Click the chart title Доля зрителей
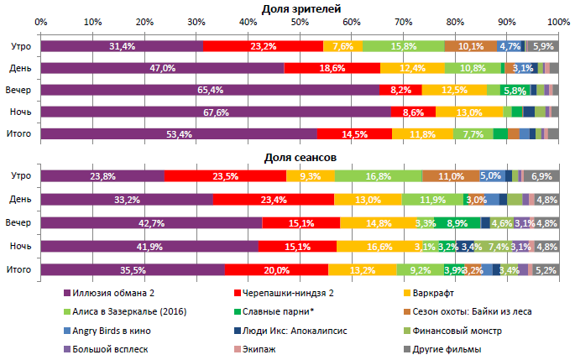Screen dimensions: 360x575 click(x=301, y=8)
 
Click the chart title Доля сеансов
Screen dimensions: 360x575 click(x=301, y=158)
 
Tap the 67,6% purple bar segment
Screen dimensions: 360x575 click(x=216, y=112)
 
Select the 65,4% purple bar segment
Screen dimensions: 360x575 click(x=210, y=90)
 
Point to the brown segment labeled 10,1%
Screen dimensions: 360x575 click(x=470, y=46)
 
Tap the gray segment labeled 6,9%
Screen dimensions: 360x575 click(x=541, y=176)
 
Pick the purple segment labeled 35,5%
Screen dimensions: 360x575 click(x=133, y=270)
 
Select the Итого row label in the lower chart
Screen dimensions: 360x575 click(x=19, y=270)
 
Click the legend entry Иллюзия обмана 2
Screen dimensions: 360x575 click(x=112, y=293)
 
